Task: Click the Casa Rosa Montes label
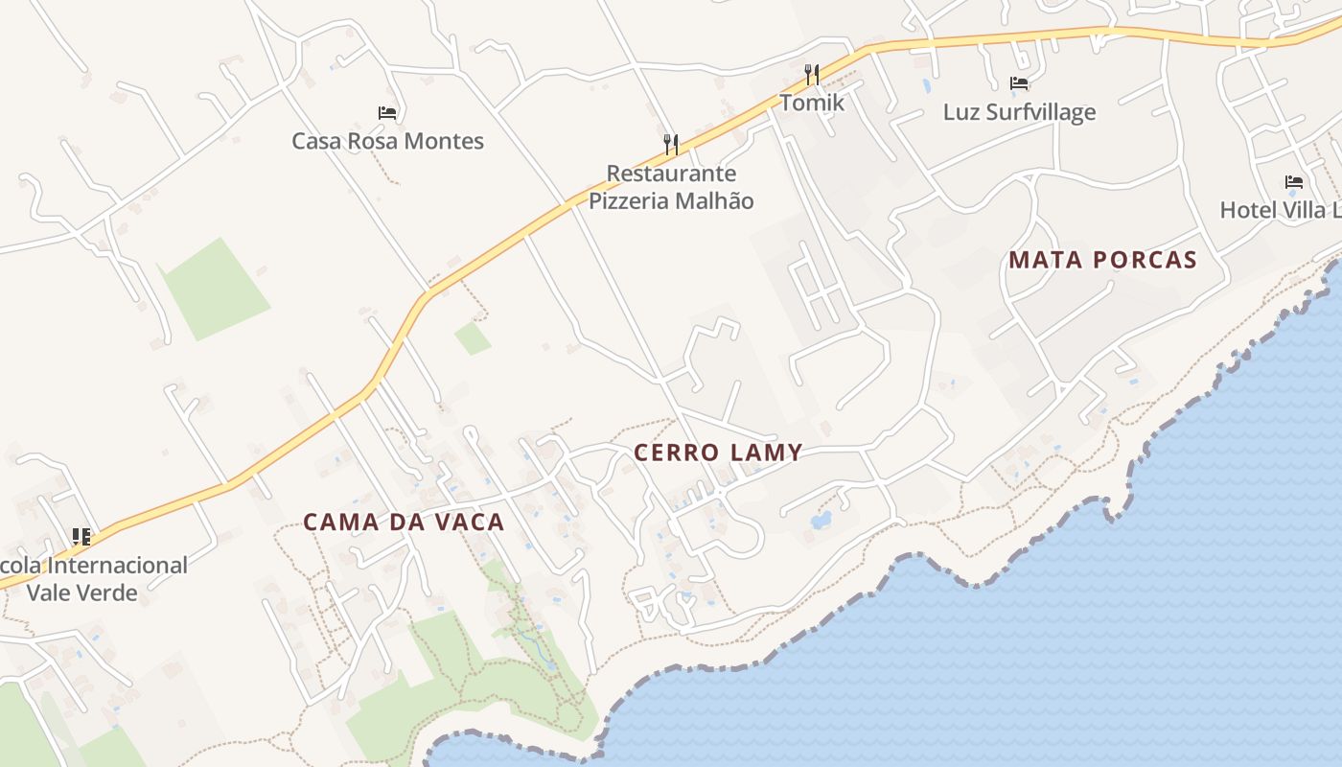click(x=387, y=141)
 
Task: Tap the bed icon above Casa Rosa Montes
click(x=387, y=113)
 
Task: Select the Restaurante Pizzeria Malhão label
click(x=671, y=187)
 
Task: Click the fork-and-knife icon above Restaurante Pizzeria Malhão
click(x=671, y=145)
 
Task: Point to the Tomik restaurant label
click(x=812, y=103)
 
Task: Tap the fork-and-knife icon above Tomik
click(x=812, y=74)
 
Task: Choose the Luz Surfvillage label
click(x=1019, y=112)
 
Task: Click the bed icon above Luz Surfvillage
click(x=1019, y=83)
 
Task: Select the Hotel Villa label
click(x=1280, y=210)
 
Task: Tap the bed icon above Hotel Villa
click(x=1294, y=181)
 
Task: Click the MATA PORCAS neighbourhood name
click(x=1102, y=260)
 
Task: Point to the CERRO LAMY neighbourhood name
click(x=718, y=453)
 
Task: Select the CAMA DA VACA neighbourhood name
click(x=404, y=523)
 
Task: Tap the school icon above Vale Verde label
click(x=81, y=537)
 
